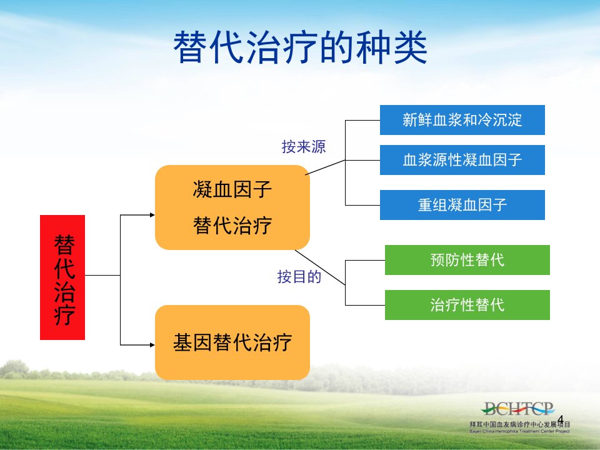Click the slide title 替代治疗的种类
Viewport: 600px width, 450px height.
[x=300, y=47]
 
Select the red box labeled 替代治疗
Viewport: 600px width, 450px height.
[x=62, y=277]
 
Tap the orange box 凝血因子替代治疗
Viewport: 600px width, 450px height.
[x=232, y=207]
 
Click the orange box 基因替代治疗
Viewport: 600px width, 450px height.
[x=232, y=342]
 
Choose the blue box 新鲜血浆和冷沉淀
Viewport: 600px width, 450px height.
[x=462, y=120]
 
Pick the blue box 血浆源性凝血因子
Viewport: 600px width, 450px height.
[x=462, y=160]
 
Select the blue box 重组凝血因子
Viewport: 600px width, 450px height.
[x=462, y=205]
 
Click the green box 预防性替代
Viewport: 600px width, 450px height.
[x=467, y=260]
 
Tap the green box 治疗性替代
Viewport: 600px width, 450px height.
[x=467, y=305]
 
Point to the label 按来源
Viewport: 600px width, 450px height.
[x=304, y=146]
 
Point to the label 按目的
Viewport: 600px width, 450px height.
[x=299, y=276]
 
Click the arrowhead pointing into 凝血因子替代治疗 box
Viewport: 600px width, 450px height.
[x=152, y=215]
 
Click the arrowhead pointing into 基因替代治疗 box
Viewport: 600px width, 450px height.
[x=152, y=345]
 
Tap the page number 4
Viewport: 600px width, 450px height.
[x=560, y=419]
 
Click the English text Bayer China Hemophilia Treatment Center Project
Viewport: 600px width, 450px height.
[x=519, y=431]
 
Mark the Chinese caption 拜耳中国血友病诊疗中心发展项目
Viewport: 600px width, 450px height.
[x=519, y=424]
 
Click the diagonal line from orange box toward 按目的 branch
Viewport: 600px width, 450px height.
[x=320, y=267]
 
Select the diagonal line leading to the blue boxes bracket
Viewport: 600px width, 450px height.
[x=325, y=167]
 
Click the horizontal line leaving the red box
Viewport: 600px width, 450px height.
[x=102, y=275]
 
